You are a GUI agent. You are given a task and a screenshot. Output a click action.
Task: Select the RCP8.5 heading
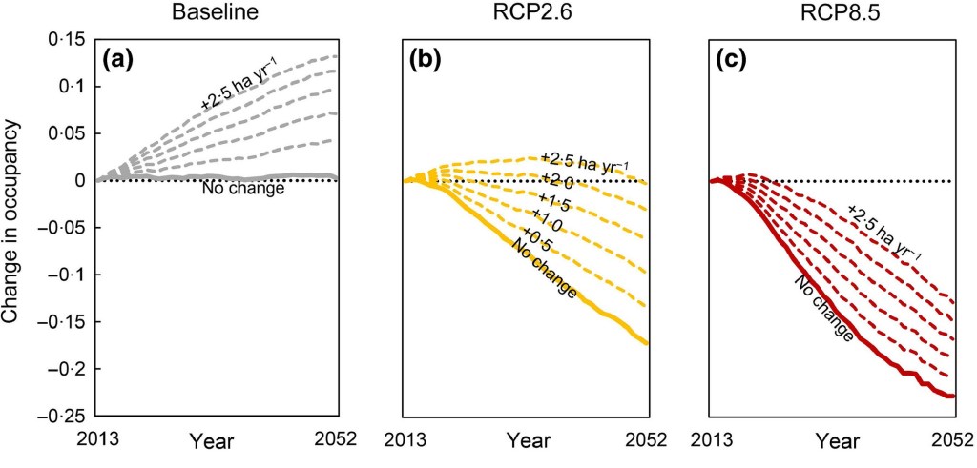832,15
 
